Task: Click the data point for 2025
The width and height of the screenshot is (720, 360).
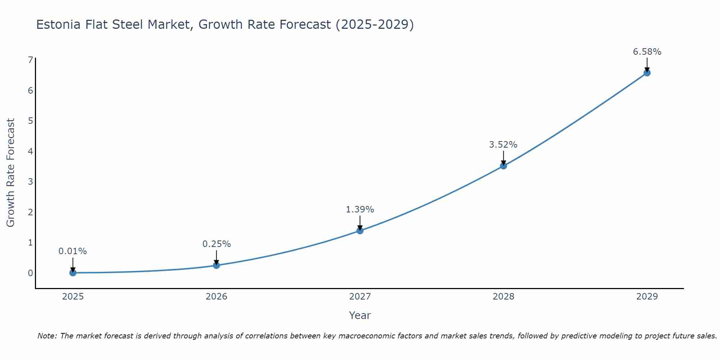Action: tap(73, 273)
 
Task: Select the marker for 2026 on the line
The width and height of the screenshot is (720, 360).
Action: tap(216, 265)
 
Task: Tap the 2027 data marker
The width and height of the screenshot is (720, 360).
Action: tap(360, 230)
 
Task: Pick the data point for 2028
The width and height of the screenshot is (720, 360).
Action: tap(503, 166)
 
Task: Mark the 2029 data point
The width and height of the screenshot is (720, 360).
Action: tap(647, 73)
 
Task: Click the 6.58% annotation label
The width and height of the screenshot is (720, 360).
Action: tap(647, 52)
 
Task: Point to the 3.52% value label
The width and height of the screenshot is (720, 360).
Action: tap(503, 145)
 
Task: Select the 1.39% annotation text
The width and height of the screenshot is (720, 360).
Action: tap(360, 210)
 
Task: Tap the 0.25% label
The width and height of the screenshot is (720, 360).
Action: tap(216, 244)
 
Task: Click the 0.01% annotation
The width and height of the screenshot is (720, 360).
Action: tap(73, 251)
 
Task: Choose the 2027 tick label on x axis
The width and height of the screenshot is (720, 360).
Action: tap(360, 297)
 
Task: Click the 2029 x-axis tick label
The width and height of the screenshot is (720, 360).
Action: tap(647, 297)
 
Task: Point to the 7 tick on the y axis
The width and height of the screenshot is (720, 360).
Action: tap(30, 60)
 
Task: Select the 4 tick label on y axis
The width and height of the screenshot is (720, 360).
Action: tap(30, 151)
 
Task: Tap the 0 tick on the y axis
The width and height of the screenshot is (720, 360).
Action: tap(30, 273)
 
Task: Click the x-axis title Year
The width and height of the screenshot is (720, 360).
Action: tap(360, 315)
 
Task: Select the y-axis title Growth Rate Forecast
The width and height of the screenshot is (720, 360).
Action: tap(11, 173)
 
